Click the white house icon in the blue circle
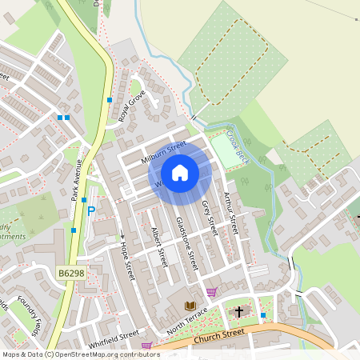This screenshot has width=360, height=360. coord(180,173)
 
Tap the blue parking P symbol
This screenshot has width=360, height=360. coord(91,211)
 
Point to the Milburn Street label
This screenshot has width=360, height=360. coord(162,152)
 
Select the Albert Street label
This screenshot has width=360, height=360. coord(158,246)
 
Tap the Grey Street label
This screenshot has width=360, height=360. coord(209,217)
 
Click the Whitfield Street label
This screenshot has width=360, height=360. coord(114,340)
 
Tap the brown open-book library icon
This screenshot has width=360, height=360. coord(190,306)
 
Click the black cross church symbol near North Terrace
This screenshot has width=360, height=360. coord(238,311)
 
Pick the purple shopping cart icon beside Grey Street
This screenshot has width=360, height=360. coord(211,292)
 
